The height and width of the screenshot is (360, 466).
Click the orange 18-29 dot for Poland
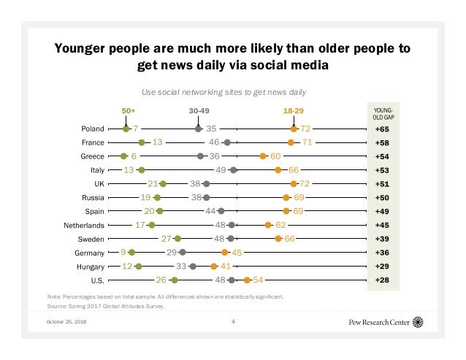294,129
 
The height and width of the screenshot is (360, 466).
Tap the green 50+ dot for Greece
123,156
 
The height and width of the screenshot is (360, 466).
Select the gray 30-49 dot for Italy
233,169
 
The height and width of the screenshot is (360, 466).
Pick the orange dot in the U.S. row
248,280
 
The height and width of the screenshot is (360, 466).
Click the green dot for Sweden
177,238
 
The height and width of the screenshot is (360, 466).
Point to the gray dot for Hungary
193,266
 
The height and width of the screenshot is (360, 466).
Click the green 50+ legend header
128,110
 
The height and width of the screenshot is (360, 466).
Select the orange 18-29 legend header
294,110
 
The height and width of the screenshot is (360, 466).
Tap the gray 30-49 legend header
199,110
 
